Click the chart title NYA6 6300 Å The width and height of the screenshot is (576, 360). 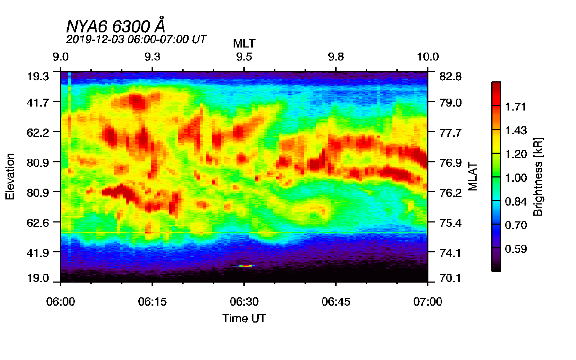coord(116,26)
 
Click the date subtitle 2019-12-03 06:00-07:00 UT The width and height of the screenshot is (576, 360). coord(136,39)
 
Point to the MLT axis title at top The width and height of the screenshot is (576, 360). coord(244,44)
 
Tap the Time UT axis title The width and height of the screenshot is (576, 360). coord(244,318)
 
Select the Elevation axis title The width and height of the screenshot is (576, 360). coord(10,176)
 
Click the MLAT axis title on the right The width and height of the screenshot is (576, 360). coord(473,176)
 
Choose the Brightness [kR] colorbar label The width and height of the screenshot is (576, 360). coord(538,176)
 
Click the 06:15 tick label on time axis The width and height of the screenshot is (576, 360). coord(152,302)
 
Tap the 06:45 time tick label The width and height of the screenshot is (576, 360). coord(336,302)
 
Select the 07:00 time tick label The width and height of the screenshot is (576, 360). coord(428,302)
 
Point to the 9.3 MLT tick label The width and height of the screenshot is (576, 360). coord(152,57)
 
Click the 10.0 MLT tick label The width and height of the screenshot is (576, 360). coord(428,57)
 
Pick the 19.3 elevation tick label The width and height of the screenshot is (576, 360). coord(38,76)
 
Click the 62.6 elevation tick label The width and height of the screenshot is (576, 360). coord(38,222)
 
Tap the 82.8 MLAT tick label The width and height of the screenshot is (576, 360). coord(451,76)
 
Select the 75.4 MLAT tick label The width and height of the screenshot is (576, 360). coord(451,223)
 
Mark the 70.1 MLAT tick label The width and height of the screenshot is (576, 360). coord(451,278)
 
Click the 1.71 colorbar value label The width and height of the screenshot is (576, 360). coord(516,107)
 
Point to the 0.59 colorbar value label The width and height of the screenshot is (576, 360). coord(516,249)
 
